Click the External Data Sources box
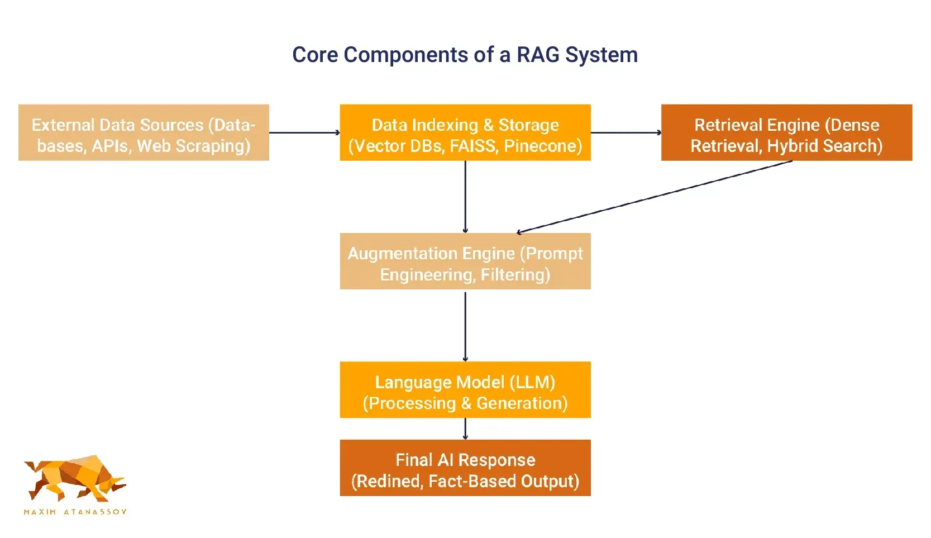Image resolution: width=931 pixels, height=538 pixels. (x=144, y=132)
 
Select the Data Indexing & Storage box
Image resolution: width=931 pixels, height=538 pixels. (x=465, y=132)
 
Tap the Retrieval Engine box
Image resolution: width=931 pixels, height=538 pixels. (x=786, y=132)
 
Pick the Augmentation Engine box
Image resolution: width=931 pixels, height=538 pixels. (x=465, y=261)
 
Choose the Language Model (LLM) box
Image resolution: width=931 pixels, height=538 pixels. (x=465, y=389)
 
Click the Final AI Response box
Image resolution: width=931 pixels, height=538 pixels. (x=465, y=468)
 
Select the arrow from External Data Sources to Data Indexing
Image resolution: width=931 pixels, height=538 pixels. (x=304, y=132)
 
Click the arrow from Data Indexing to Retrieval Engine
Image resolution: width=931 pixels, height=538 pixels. (x=626, y=132)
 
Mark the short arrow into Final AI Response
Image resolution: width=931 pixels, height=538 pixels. (x=465, y=429)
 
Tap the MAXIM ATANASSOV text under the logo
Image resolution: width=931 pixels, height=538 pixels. (x=75, y=512)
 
